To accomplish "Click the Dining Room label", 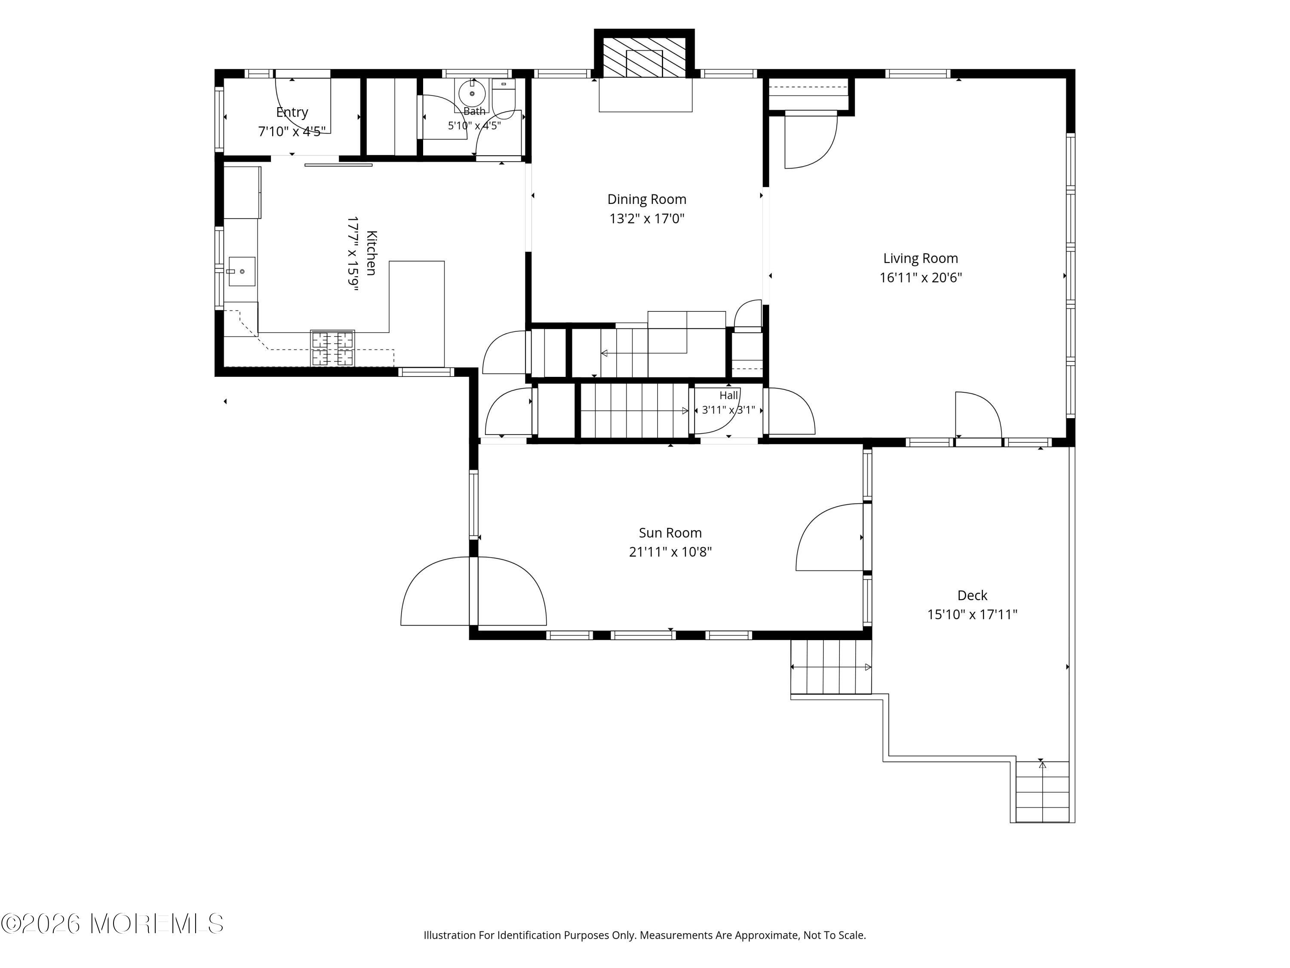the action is (647, 200).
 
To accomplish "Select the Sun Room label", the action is (670, 533).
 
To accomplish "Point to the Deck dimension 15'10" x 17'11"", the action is (972, 614).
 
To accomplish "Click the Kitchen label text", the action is (372, 253).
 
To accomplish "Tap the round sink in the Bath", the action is (472, 93).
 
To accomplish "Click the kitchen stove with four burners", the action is (332, 348).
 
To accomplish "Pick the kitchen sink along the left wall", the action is (241, 271).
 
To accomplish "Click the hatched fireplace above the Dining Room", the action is (645, 57).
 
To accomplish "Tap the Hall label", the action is (728, 396).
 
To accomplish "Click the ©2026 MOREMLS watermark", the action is (113, 924).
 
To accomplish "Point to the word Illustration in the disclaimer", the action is (450, 935).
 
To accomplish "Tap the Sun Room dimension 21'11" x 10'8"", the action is (670, 552).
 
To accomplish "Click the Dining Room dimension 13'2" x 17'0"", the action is (647, 219).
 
